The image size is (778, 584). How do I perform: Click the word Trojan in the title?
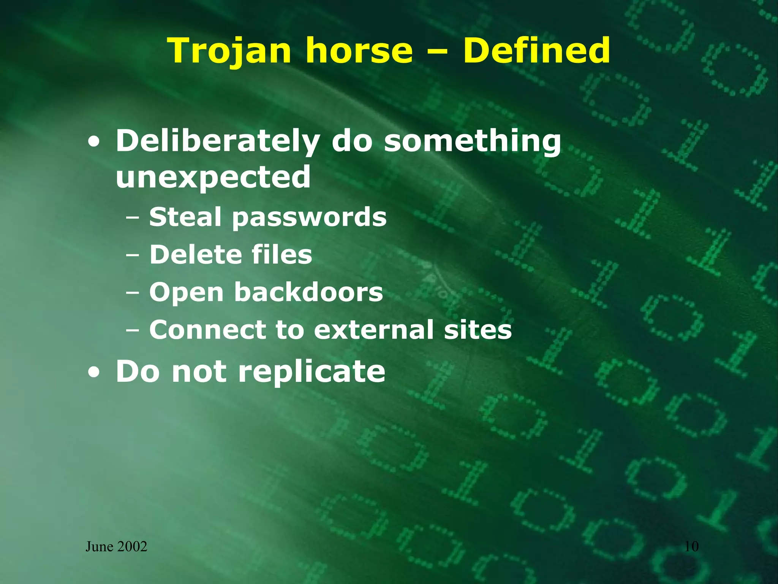click(229, 51)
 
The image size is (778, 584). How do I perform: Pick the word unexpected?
click(213, 178)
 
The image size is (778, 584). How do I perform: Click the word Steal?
click(185, 217)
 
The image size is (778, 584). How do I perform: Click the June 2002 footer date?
click(116, 547)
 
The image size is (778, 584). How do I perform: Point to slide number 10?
click(691, 547)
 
